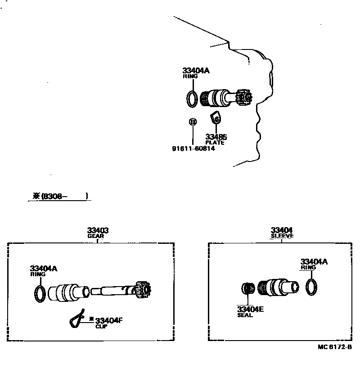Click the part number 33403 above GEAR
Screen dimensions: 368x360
point(98,230)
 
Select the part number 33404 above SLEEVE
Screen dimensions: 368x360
point(282,230)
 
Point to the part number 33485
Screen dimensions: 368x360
point(216,137)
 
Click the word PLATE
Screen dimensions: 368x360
point(215,143)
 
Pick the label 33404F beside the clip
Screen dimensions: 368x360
point(109,320)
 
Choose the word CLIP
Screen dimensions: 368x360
point(101,327)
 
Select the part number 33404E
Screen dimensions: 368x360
point(250,309)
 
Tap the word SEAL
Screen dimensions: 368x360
point(245,315)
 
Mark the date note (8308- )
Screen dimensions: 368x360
point(60,196)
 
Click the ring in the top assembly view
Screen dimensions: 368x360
point(191,99)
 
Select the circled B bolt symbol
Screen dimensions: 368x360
point(192,122)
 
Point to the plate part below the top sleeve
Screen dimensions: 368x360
point(216,118)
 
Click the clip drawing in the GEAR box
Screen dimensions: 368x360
point(79,319)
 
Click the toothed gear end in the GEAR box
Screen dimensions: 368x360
point(144,290)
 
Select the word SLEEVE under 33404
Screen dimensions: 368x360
point(282,236)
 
